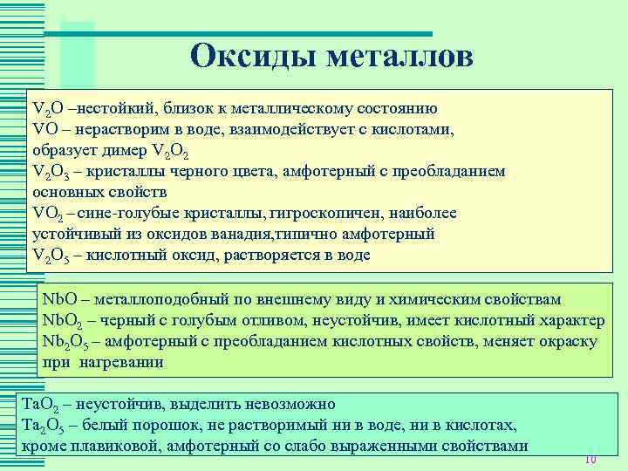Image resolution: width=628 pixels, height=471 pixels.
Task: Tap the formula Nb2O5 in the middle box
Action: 65,341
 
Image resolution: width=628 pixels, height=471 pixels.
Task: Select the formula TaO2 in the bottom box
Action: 39,406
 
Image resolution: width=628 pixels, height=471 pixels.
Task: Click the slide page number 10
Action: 589,460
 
